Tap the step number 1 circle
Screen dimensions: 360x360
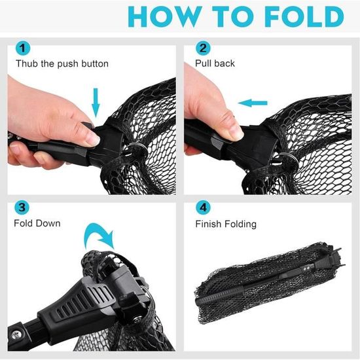click(23, 48)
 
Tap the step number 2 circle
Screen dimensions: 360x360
click(203, 48)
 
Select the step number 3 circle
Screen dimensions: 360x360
click(22, 207)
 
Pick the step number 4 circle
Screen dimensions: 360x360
click(203, 207)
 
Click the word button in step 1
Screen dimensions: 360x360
click(95, 63)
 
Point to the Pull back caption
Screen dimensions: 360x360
click(215, 63)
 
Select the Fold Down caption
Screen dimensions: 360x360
click(37, 223)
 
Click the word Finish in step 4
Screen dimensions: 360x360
click(208, 224)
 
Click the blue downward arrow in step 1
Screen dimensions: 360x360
click(96, 103)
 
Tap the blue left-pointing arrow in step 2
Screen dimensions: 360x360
click(253, 103)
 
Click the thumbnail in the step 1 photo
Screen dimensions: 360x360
click(92, 139)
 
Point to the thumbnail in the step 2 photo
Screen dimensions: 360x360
click(236, 133)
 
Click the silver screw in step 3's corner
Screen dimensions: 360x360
click(16, 335)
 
